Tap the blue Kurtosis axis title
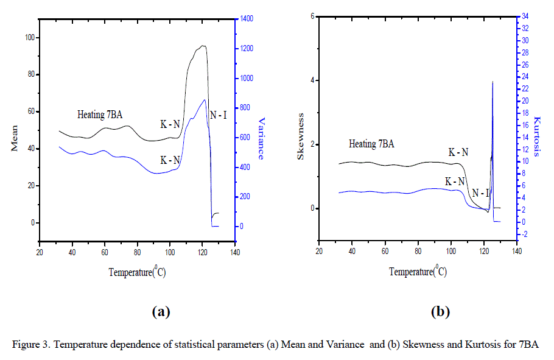click(536, 136)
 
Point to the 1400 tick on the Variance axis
click(247, 19)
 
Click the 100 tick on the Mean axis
click(29, 38)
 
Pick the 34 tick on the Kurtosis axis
click(524, 16)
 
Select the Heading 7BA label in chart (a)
click(100, 115)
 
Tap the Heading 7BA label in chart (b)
click(371, 144)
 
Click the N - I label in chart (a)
click(217, 115)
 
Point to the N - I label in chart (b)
click(481, 193)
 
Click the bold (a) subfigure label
click(160, 312)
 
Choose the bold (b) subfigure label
click(440, 312)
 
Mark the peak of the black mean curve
click(202, 46)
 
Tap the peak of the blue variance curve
click(205, 100)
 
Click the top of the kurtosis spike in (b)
click(493, 82)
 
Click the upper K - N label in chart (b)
click(458, 152)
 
